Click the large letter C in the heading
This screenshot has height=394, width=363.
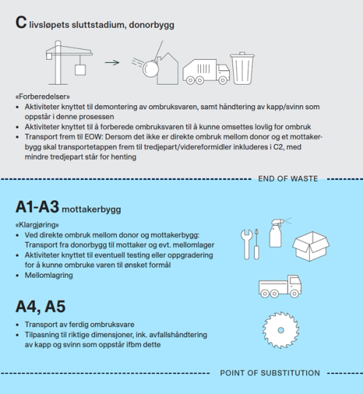point(21,23)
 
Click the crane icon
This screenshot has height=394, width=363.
point(58,63)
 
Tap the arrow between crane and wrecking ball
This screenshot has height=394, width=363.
point(112,63)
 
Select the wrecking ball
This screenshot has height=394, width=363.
point(150,69)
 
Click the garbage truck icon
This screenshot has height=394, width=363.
point(206,72)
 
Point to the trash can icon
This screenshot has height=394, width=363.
point(242,69)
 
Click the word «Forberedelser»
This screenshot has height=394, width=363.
point(42,96)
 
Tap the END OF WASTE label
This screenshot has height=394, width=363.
point(288,178)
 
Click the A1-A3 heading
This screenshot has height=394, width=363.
point(37,207)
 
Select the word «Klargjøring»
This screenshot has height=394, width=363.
point(37,224)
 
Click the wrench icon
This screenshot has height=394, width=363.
point(246,244)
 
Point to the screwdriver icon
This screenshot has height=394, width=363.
point(256,244)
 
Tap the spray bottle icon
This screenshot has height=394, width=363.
point(279,233)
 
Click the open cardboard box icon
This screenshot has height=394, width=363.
point(311,246)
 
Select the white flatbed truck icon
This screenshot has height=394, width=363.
point(280,287)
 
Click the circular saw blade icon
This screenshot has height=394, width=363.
point(280,330)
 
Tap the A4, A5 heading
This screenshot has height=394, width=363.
point(40,306)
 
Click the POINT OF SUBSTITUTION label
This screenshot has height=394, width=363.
point(270,373)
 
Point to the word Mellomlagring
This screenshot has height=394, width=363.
point(49,276)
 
